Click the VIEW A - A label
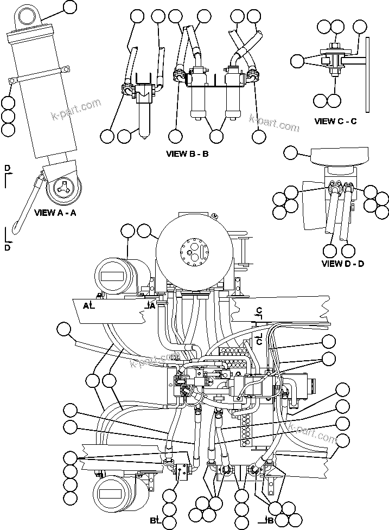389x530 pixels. (x=55, y=213)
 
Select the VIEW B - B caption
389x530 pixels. (x=187, y=154)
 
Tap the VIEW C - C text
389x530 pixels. (x=335, y=122)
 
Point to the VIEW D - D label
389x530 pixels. (x=342, y=264)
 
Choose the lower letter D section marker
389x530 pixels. (x=7, y=247)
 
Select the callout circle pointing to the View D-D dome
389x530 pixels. (x=291, y=152)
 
